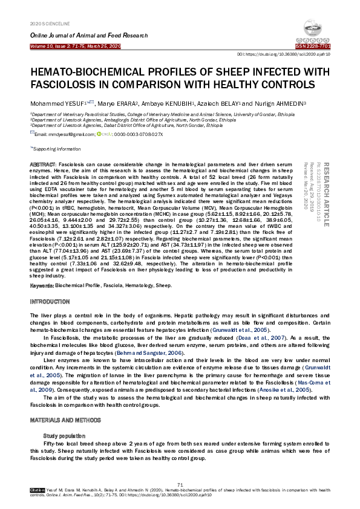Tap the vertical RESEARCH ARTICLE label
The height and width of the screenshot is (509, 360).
328,194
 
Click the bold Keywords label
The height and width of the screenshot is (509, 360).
42,284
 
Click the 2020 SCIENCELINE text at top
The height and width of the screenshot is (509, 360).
47,23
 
